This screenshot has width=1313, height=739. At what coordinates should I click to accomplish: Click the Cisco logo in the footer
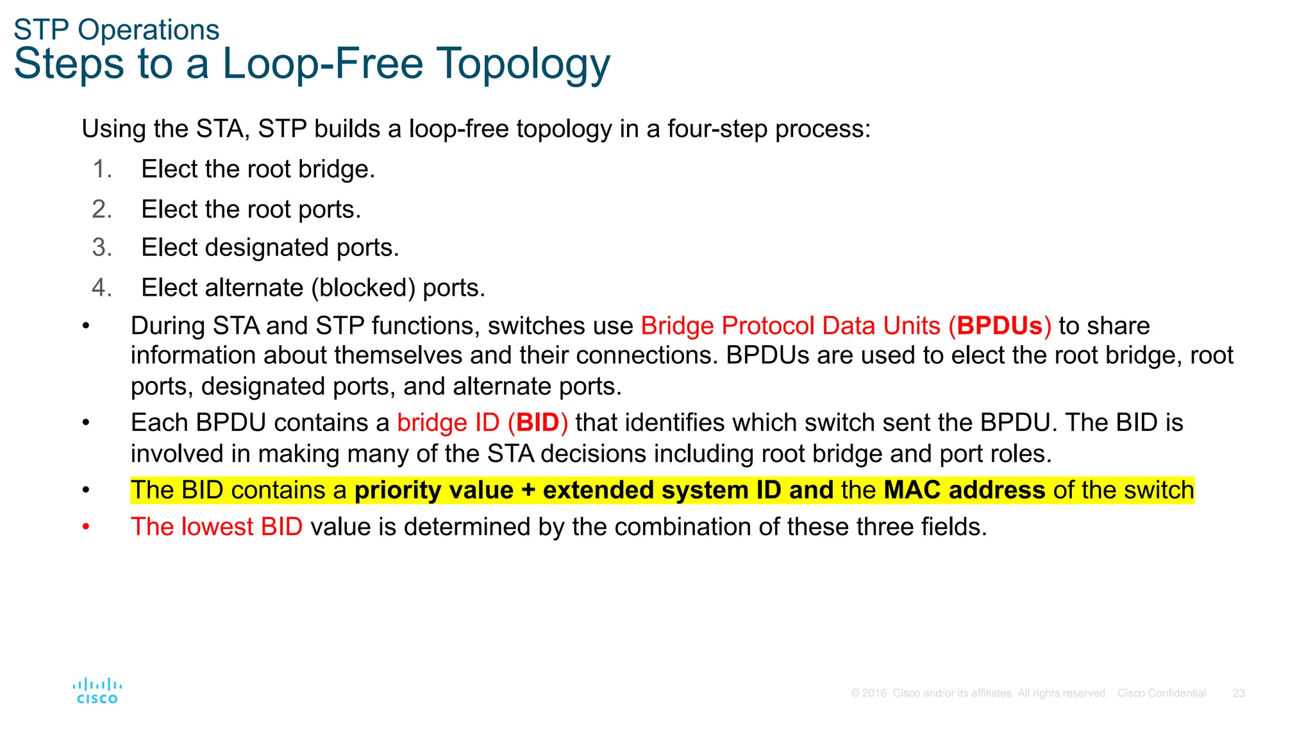tap(97, 691)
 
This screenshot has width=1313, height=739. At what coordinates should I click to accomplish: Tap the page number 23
tap(1238, 693)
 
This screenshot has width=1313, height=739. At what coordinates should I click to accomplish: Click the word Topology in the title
tap(524, 64)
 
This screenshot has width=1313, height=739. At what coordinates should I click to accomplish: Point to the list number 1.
tap(101, 169)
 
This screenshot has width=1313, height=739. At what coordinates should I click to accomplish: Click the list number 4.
tap(101, 287)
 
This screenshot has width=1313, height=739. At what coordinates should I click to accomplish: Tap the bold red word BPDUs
tap(999, 326)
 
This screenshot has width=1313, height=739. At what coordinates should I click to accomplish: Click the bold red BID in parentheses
tap(537, 423)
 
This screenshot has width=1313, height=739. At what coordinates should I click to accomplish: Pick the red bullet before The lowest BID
tap(87, 527)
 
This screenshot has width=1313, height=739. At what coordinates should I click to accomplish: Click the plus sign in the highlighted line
tap(528, 490)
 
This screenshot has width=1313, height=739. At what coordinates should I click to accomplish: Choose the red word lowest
tap(218, 527)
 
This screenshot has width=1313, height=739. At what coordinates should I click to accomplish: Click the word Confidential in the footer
tap(1177, 693)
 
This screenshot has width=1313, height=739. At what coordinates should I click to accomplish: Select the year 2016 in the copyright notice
tap(874, 693)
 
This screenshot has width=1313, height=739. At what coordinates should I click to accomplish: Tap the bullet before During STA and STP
tap(87, 326)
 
